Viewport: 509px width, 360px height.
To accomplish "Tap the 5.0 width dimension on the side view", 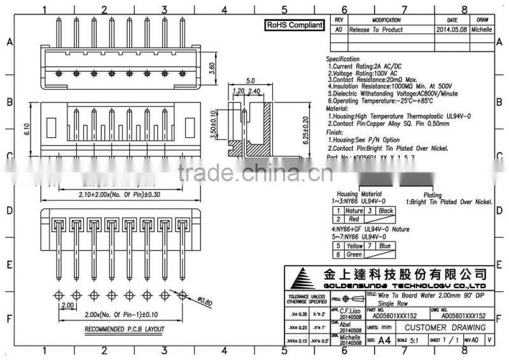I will (x=250, y=81).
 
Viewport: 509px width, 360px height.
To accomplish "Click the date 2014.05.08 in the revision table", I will (x=452, y=29).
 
